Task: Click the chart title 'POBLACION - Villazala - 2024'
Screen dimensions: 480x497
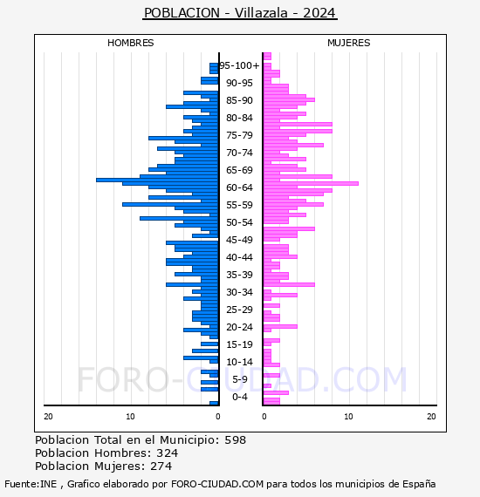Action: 240,13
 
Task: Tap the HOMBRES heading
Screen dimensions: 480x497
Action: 130,43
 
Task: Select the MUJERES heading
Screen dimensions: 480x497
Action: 349,43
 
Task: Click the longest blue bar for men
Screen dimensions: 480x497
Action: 157,180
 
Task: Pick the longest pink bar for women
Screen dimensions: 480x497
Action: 311,183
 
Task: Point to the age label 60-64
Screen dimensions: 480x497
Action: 239,187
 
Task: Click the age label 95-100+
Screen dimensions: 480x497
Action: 239,65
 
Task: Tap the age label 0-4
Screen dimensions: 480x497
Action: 239,397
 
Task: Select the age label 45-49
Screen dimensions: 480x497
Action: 239,240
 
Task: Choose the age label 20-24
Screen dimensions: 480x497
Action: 239,327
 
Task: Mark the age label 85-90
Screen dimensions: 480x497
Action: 239,100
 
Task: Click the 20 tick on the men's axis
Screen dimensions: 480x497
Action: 48,417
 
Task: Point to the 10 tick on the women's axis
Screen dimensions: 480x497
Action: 349,417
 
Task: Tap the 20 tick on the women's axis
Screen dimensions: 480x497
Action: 431,417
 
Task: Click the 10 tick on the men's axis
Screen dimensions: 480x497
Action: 130,417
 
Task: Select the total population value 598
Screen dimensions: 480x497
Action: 235,440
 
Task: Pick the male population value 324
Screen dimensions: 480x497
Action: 168,453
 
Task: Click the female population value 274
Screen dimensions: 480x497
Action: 161,466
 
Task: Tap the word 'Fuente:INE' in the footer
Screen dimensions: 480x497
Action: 31,484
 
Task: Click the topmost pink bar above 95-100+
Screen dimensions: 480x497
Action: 267,56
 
